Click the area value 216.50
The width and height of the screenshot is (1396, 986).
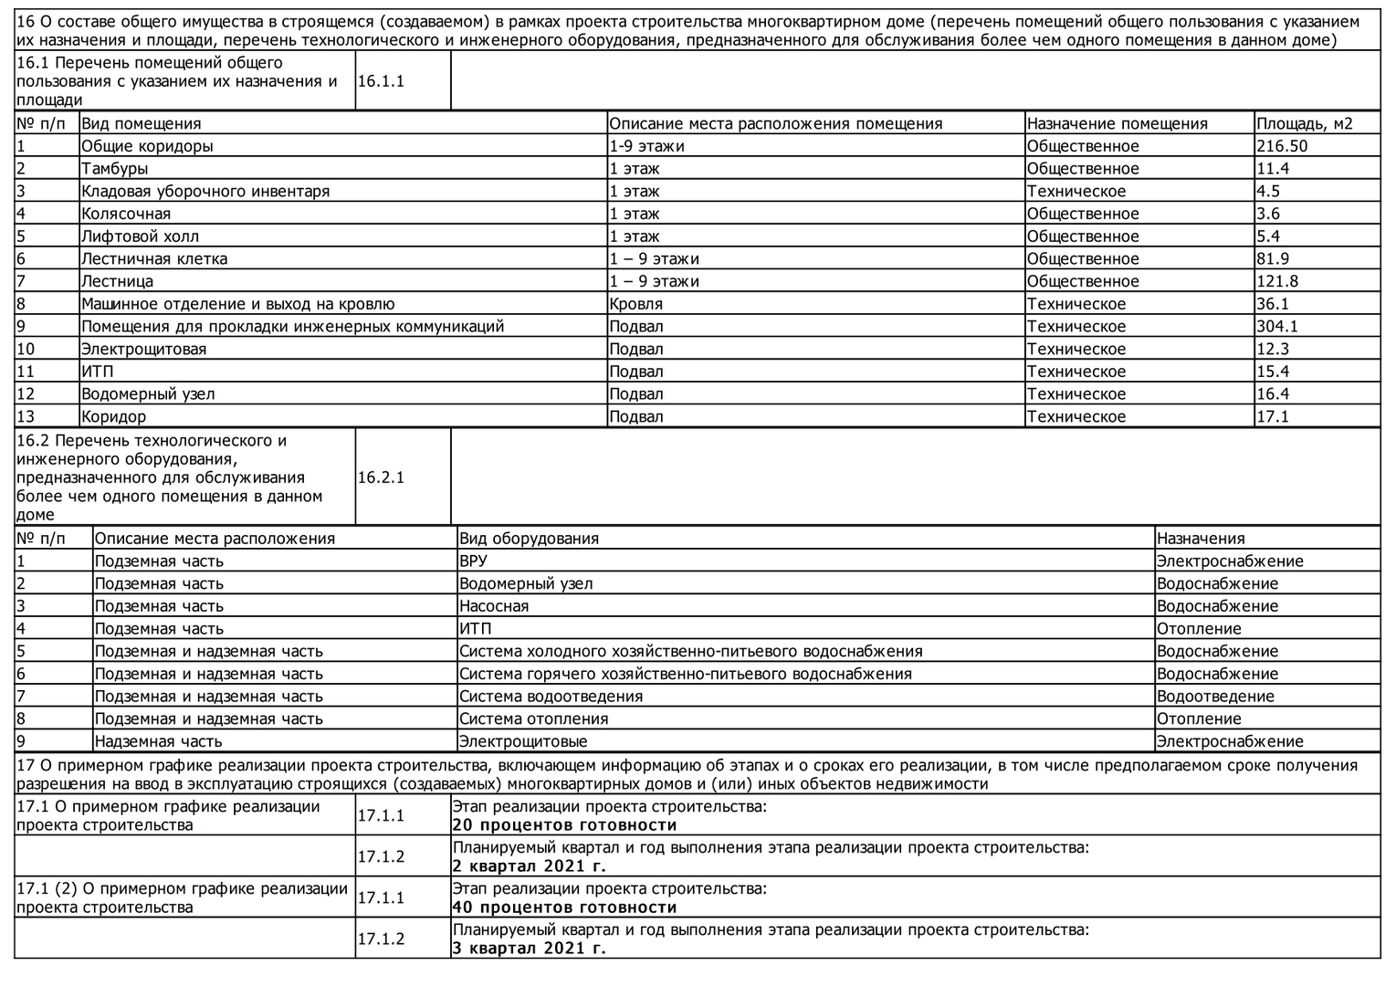[x=1282, y=146]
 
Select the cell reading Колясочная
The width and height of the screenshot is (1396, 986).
[x=126, y=214]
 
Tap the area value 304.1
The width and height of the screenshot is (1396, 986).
[x=1277, y=326]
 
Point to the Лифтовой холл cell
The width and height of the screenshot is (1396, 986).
[x=140, y=236]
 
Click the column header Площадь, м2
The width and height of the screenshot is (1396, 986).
[x=1304, y=123]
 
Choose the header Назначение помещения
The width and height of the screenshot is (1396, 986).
[x=1117, y=123]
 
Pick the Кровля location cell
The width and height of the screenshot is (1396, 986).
[x=636, y=304]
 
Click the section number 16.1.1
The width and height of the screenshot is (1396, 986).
[x=381, y=81]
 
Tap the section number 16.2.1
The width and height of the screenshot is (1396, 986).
[x=381, y=477]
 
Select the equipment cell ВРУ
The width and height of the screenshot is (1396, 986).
[x=473, y=561]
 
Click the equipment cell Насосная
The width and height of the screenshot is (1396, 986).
[x=494, y=606]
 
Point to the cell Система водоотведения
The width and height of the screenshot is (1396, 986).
[x=551, y=697]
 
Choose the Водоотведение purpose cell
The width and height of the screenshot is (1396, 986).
[x=1215, y=697]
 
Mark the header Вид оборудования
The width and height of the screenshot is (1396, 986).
[x=529, y=539]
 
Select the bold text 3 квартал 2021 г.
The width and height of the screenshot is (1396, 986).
[x=529, y=949]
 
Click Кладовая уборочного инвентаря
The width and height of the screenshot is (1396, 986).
[x=205, y=192]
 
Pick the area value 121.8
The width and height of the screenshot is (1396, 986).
[x=1277, y=281]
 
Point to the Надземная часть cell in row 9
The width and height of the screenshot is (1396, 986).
[x=159, y=742]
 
